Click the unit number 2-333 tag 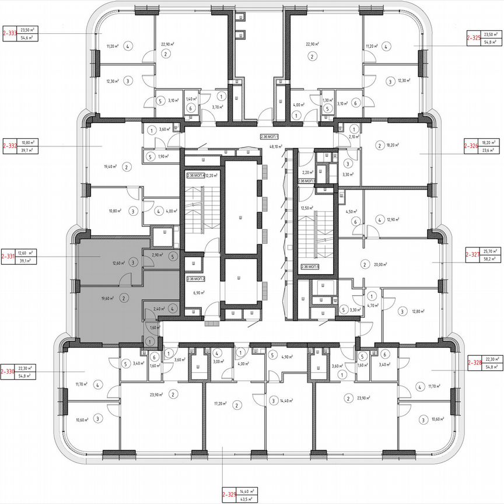[x=10, y=33]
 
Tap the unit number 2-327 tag [x=472, y=254]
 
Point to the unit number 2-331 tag [x=9, y=256]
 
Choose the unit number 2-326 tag [x=471, y=145]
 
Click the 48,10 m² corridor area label [x=270, y=147]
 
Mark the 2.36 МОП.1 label [x=270, y=136]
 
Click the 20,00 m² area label [x=381, y=264]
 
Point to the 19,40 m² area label [x=110, y=166]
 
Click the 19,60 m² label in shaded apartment [x=107, y=297]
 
